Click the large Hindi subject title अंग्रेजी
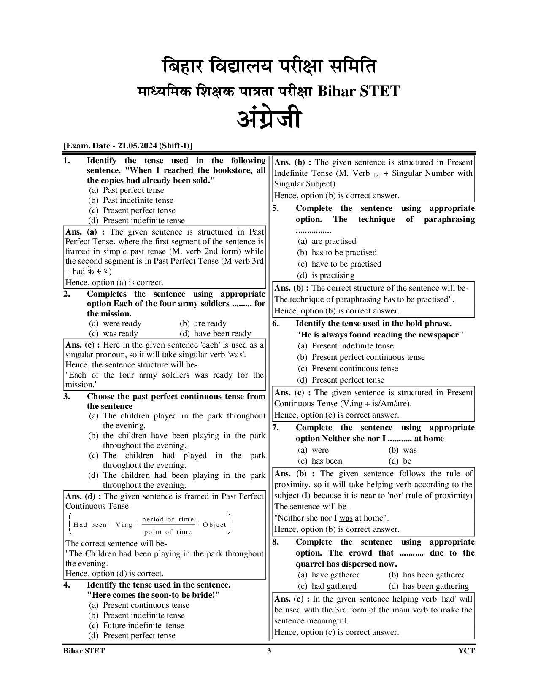click(x=269, y=119)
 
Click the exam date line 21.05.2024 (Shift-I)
click(x=128, y=146)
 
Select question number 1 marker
click(x=67, y=161)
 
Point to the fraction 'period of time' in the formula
click(x=168, y=520)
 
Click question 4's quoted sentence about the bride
click(x=154, y=595)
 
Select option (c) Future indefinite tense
click(x=136, y=626)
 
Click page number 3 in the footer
click(x=269, y=651)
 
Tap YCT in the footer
click(x=466, y=651)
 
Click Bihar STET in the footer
click(x=84, y=651)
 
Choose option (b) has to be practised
click(x=337, y=253)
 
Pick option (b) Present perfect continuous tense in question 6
click(x=361, y=357)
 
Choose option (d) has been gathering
click(x=429, y=586)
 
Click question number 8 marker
click(x=275, y=542)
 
